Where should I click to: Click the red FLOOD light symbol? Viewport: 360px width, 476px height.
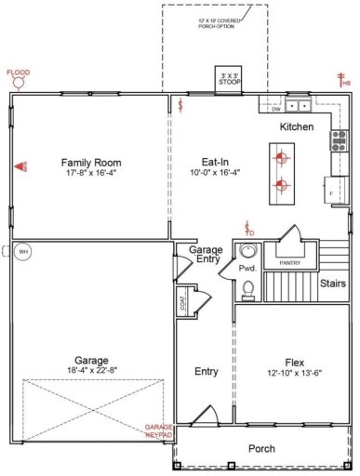(18, 80)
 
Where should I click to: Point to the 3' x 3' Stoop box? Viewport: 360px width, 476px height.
(228, 79)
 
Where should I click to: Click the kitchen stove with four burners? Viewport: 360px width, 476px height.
(339, 140)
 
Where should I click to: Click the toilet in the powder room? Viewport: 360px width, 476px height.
(247, 291)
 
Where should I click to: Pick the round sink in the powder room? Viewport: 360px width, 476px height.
(247, 251)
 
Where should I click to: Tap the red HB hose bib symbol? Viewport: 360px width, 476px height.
(343, 82)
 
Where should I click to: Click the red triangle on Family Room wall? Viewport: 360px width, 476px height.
(20, 166)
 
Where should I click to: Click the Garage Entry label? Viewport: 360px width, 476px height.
(206, 255)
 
